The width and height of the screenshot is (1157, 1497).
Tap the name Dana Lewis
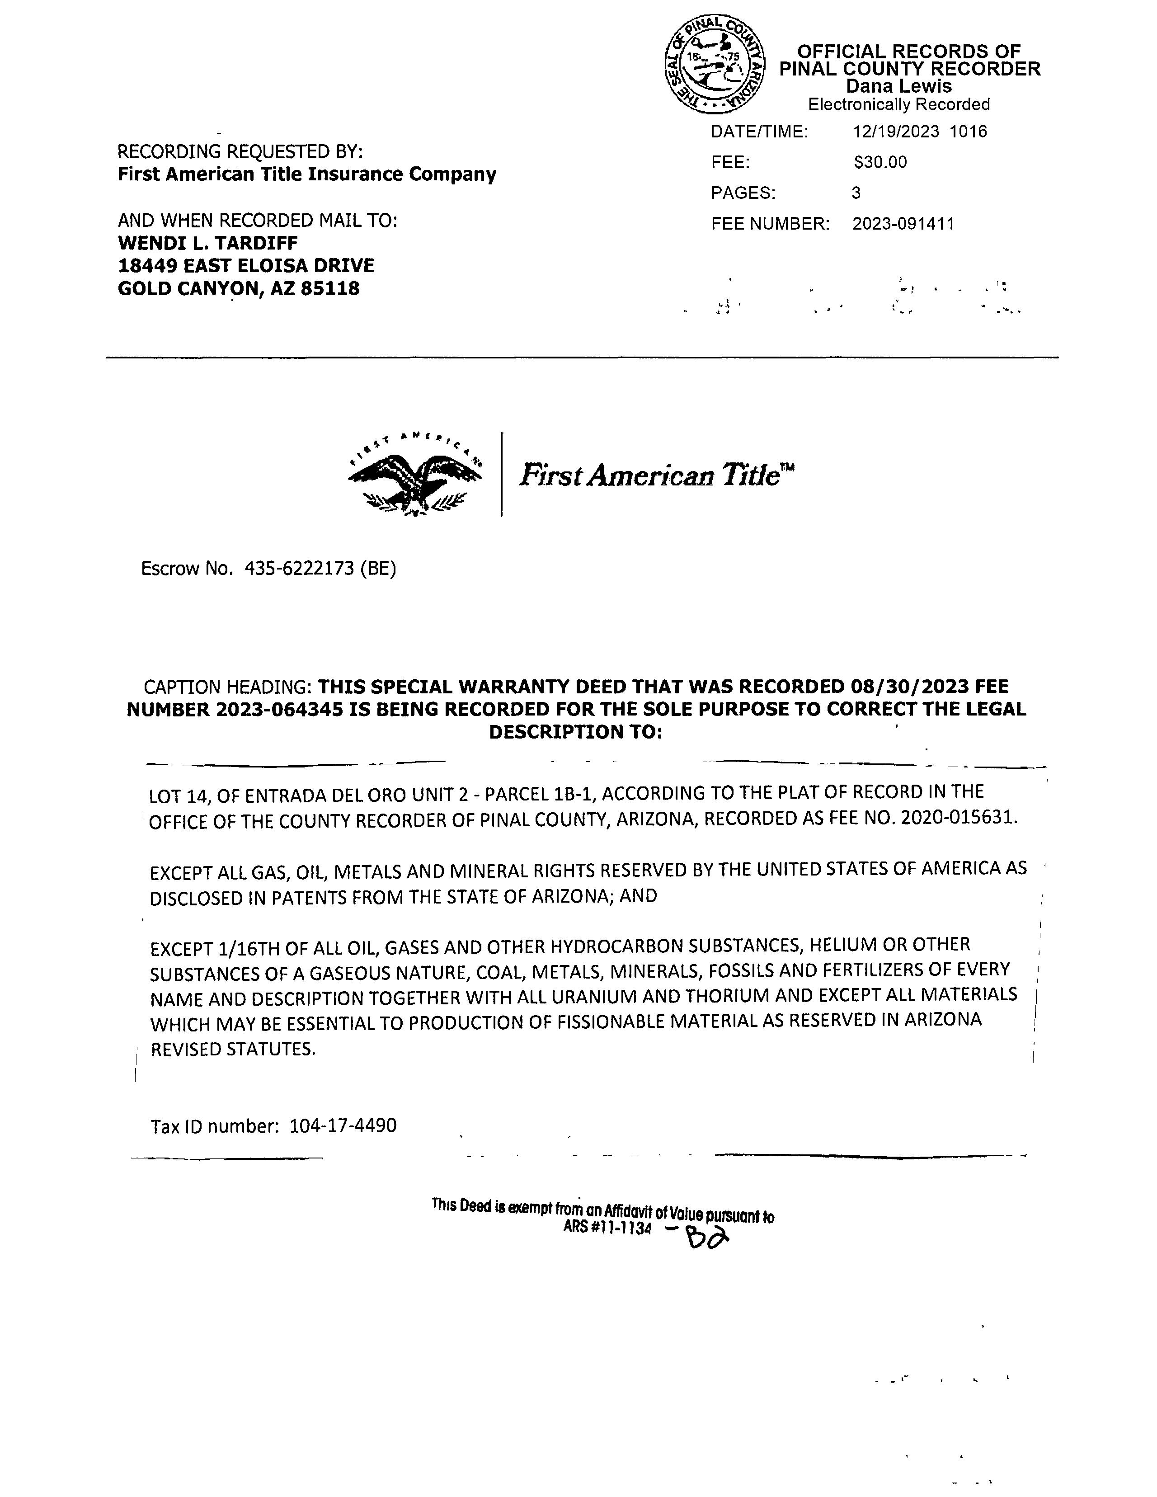point(898,86)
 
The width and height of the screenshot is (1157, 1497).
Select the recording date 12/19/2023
point(896,132)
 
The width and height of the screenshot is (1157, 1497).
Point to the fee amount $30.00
point(880,162)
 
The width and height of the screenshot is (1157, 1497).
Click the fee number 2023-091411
point(903,224)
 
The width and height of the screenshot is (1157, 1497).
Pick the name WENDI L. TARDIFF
point(208,243)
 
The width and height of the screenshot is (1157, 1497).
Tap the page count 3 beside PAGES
point(856,193)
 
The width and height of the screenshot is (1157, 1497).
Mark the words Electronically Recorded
point(898,105)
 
